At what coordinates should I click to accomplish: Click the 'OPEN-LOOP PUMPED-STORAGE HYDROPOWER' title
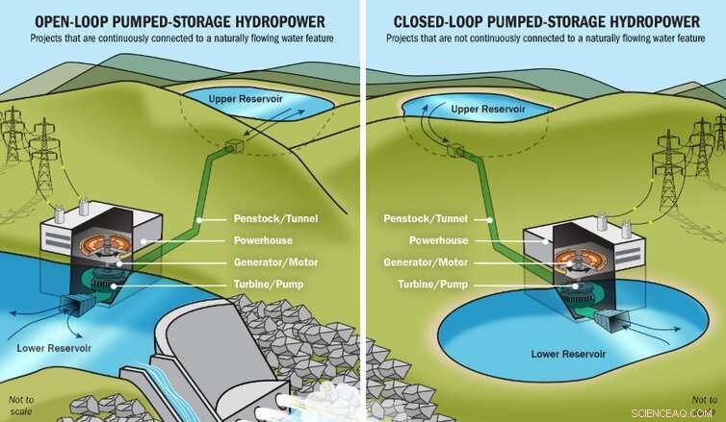[179, 20]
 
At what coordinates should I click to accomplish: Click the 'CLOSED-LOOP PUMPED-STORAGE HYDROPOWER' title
[545, 20]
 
